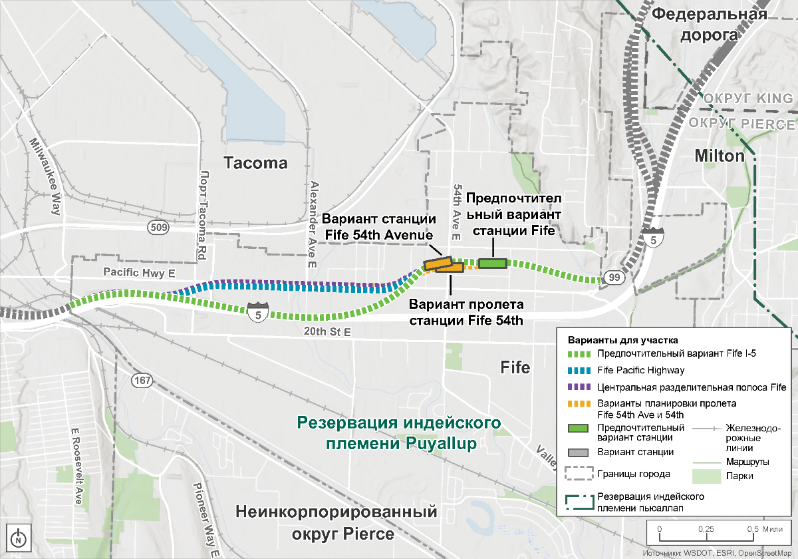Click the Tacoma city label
[x=255, y=163]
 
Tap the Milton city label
[x=719, y=156]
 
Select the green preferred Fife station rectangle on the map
[x=492, y=264]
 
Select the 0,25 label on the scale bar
[x=706, y=528]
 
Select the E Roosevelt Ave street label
[x=75, y=465]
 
